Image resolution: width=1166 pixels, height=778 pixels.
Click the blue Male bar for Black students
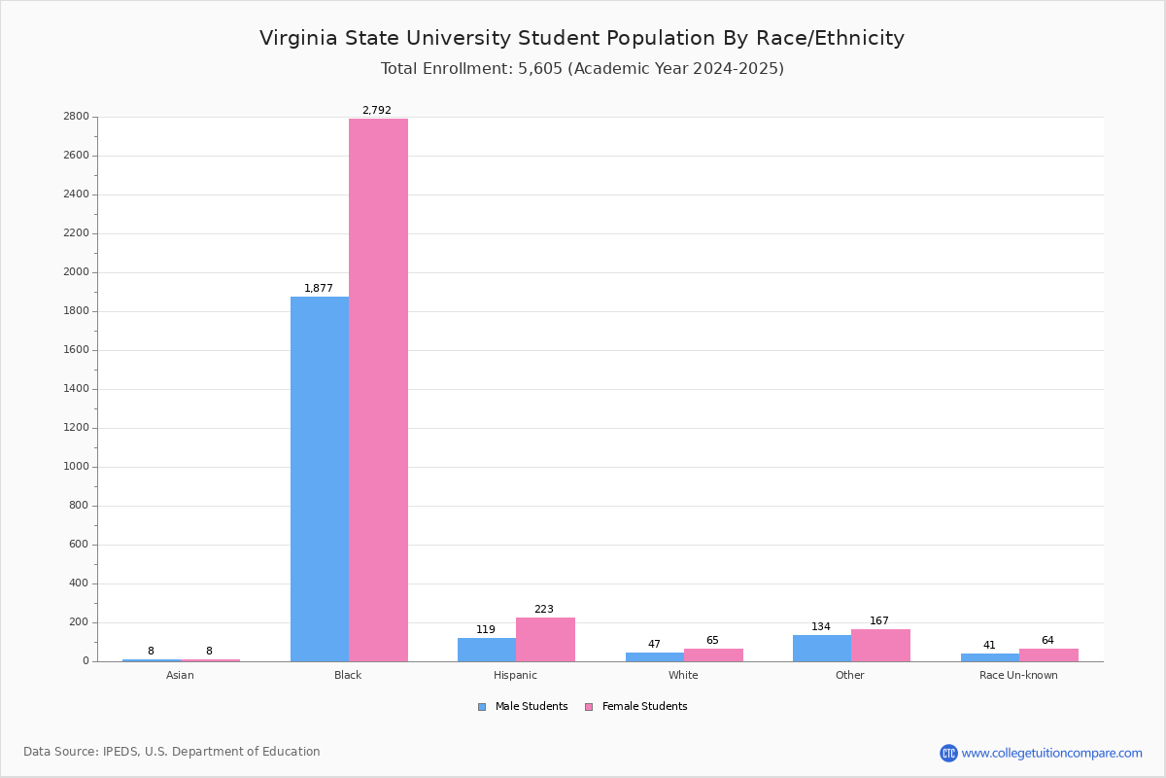[320, 478]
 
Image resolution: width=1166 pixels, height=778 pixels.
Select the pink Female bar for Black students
[378, 390]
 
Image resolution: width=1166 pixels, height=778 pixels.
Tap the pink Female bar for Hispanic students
[545, 639]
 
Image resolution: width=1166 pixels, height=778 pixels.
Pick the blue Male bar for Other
[822, 648]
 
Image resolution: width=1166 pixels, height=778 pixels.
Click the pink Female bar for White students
[713, 654]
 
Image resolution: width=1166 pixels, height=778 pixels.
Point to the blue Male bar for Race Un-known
[989, 657]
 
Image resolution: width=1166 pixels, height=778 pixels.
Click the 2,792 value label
[377, 110]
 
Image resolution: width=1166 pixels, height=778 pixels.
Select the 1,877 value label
[319, 288]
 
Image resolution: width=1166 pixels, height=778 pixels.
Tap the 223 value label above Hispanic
[544, 610]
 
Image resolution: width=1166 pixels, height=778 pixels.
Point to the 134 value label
[821, 626]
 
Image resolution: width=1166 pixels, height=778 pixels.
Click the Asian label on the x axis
[180, 675]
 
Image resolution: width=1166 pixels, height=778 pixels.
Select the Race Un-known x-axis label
[1018, 675]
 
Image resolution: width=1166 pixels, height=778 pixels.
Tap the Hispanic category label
[515, 675]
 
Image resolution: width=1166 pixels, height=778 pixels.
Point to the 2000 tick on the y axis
[77, 272]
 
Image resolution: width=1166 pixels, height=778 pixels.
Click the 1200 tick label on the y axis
[77, 428]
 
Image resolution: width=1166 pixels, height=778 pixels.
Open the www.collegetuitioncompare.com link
[1051, 753]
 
